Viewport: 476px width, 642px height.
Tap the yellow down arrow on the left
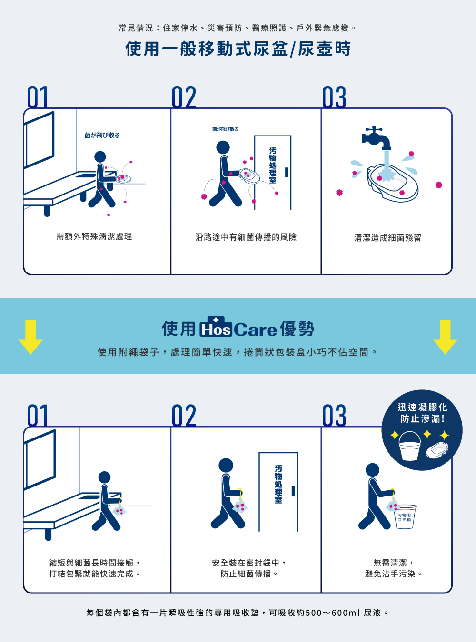pyautogui.click(x=30, y=337)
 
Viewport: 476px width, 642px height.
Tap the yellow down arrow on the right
pyautogui.click(x=445, y=337)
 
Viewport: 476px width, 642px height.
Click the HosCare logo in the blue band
pyautogui.click(x=238, y=328)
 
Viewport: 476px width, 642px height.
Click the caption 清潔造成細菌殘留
pyautogui.click(x=387, y=238)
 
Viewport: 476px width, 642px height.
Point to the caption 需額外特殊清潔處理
pyautogui.click(x=94, y=236)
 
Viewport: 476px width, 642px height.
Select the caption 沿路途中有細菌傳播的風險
pyautogui.click(x=246, y=237)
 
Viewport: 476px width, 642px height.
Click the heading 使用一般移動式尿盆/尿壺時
pyautogui.click(x=238, y=49)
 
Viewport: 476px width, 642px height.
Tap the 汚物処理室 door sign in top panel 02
pyautogui.click(x=273, y=165)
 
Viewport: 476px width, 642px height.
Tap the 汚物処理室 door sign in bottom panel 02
pyautogui.click(x=278, y=484)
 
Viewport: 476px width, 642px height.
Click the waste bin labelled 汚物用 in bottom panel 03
pyautogui.click(x=406, y=516)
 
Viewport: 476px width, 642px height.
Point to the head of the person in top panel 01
pyautogui.click(x=100, y=157)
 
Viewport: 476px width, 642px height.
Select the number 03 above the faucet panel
pyautogui.click(x=334, y=97)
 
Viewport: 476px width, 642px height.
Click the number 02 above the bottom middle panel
pyautogui.click(x=184, y=416)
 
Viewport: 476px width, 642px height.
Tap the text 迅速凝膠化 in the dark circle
pyautogui.click(x=422, y=408)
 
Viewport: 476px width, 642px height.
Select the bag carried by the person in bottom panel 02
pyautogui.click(x=240, y=506)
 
